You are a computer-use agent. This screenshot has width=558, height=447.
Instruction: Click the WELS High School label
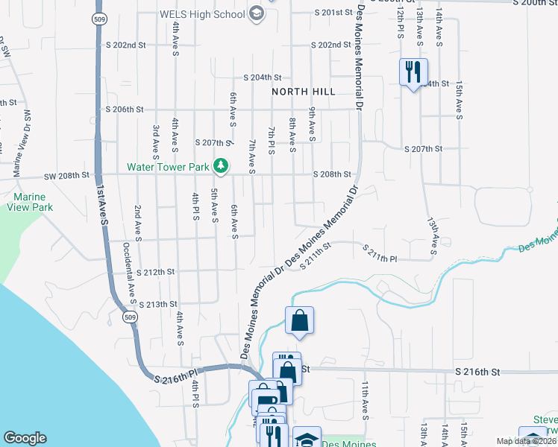coord(202,13)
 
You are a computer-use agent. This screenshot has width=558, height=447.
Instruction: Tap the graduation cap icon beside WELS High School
coord(257,13)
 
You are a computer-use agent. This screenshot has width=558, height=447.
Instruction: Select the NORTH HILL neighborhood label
coord(304,91)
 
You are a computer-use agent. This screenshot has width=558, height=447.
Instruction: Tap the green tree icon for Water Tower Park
coord(220,165)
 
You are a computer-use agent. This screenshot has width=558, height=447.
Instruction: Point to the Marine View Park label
coord(32,203)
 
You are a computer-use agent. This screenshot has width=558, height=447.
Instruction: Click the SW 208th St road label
coord(66,175)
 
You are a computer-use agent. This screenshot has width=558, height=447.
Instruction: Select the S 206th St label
coord(125,109)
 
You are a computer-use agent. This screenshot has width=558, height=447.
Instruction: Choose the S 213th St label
coord(158,304)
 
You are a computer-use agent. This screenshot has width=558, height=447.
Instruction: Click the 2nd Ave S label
coord(137,222)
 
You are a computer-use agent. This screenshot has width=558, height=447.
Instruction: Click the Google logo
coord(25,438)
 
